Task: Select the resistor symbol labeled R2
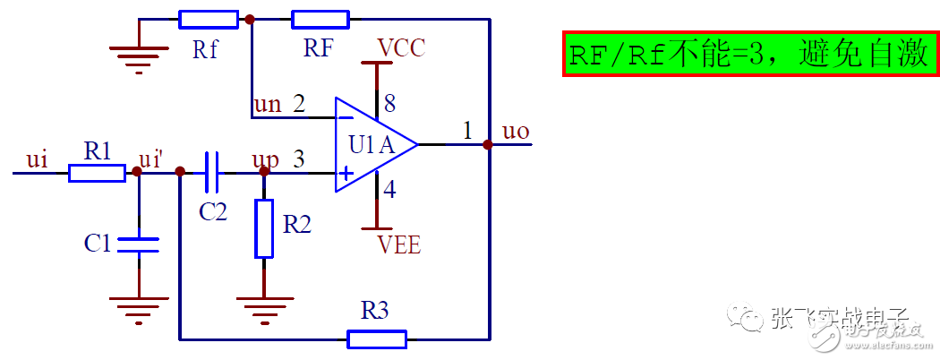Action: (264, 228)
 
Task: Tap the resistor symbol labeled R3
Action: (377, 339)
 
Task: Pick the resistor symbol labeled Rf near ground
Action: (208, 19)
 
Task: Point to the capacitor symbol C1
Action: (139, 244)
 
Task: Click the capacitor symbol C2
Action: (212, 172)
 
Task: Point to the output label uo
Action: (517, 132)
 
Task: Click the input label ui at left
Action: (37, 159)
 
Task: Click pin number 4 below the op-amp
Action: (389, 189)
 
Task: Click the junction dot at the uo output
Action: (489, 144)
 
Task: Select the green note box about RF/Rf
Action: (750, 55)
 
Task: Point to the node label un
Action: (268, 104)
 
